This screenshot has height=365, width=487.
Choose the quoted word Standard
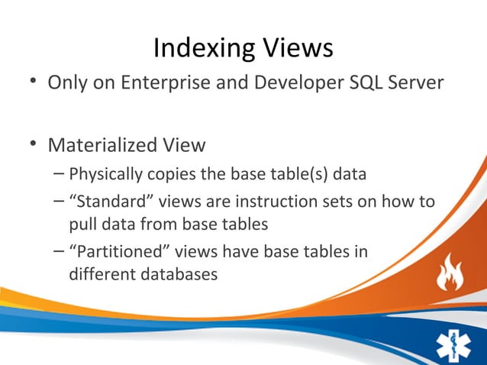[105, 202]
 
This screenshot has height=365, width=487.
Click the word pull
[82, 224]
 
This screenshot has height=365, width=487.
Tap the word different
[99, 274]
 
